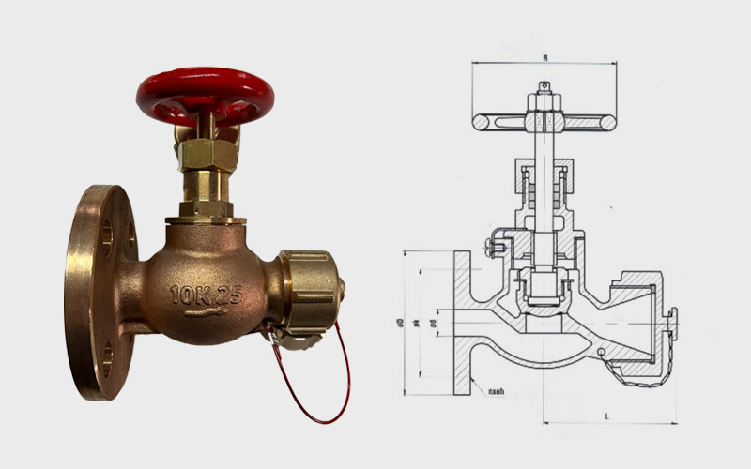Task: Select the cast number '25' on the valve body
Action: [229, 295]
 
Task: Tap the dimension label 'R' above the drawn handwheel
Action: [544, 57]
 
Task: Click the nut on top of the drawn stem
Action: [543, 92]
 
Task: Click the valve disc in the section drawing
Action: [543, 286]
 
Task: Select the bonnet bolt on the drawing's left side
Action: [490, 247]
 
